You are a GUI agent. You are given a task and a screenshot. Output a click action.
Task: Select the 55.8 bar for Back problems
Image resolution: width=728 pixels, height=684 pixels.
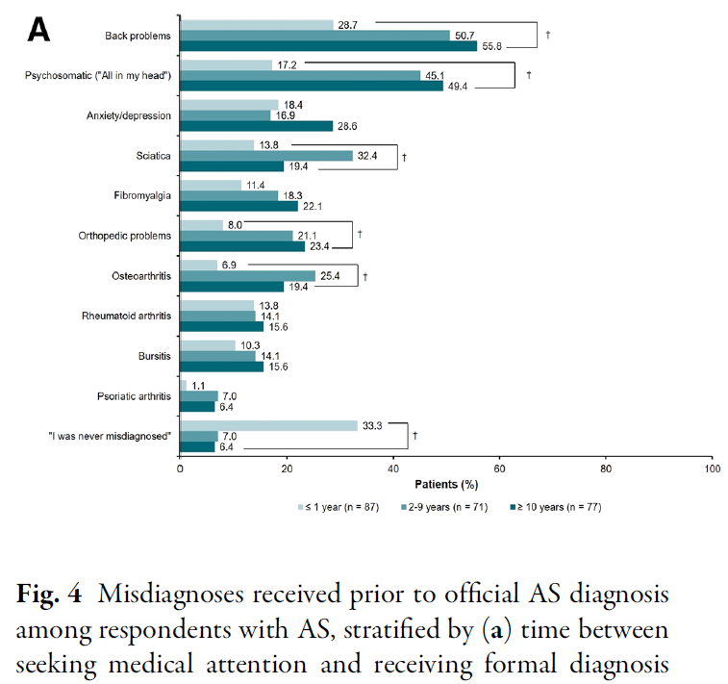328,46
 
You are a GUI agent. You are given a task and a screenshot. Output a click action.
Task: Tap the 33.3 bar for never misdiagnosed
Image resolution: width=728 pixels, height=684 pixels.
268,425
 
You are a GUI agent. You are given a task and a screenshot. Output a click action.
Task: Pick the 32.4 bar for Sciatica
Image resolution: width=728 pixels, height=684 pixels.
266,155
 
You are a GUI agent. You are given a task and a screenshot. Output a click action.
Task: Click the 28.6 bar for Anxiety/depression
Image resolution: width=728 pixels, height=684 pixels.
256,125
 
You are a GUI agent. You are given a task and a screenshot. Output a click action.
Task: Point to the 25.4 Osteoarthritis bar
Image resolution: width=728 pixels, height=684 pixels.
247,276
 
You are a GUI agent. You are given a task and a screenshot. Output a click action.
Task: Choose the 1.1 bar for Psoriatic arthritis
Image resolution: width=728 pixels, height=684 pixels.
184,385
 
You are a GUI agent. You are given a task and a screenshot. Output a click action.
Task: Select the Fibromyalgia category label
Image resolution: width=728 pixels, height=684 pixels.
144,194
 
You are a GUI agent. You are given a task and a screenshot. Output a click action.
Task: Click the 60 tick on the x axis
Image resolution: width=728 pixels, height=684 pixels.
499,469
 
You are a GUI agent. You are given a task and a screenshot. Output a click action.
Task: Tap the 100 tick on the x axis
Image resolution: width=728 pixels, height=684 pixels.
712,469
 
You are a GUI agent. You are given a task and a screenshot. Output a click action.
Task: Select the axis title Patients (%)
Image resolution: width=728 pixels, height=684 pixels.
446,484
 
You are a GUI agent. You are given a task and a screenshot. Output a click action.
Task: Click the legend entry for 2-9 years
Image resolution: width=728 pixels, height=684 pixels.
450,505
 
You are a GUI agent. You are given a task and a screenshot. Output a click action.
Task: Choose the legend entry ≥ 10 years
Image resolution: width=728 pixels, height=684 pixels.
558,505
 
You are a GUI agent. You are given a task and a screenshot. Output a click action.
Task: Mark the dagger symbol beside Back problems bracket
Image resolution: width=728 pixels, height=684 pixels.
547,35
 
